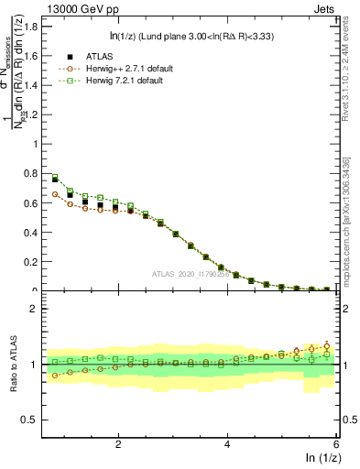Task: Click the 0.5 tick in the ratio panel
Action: coord(31,420)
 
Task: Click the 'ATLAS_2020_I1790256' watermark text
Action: coord(191,273)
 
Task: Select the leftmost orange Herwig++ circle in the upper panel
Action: coord(55,194)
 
